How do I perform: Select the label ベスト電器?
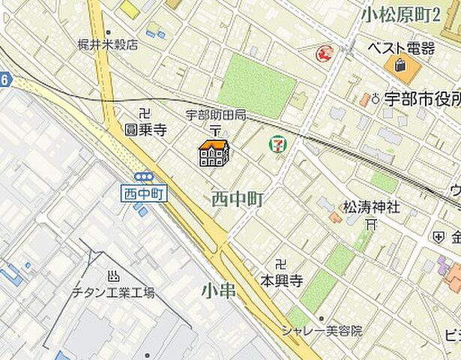(401, 48)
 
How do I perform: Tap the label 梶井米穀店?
(108, 44)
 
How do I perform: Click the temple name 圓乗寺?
(145, 129)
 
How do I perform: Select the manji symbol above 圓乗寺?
(145, 114)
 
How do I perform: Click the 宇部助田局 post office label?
(216, 115)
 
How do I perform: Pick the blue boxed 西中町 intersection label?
(143, 193)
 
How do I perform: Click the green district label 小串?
(219, 289)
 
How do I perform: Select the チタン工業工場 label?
(113, 292)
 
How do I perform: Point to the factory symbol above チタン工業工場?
(114, 276)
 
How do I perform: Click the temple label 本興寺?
(281, 280)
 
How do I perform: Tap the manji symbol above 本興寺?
(280, 265)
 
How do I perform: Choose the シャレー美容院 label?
(322, 330)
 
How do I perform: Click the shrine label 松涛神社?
(372, 206)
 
